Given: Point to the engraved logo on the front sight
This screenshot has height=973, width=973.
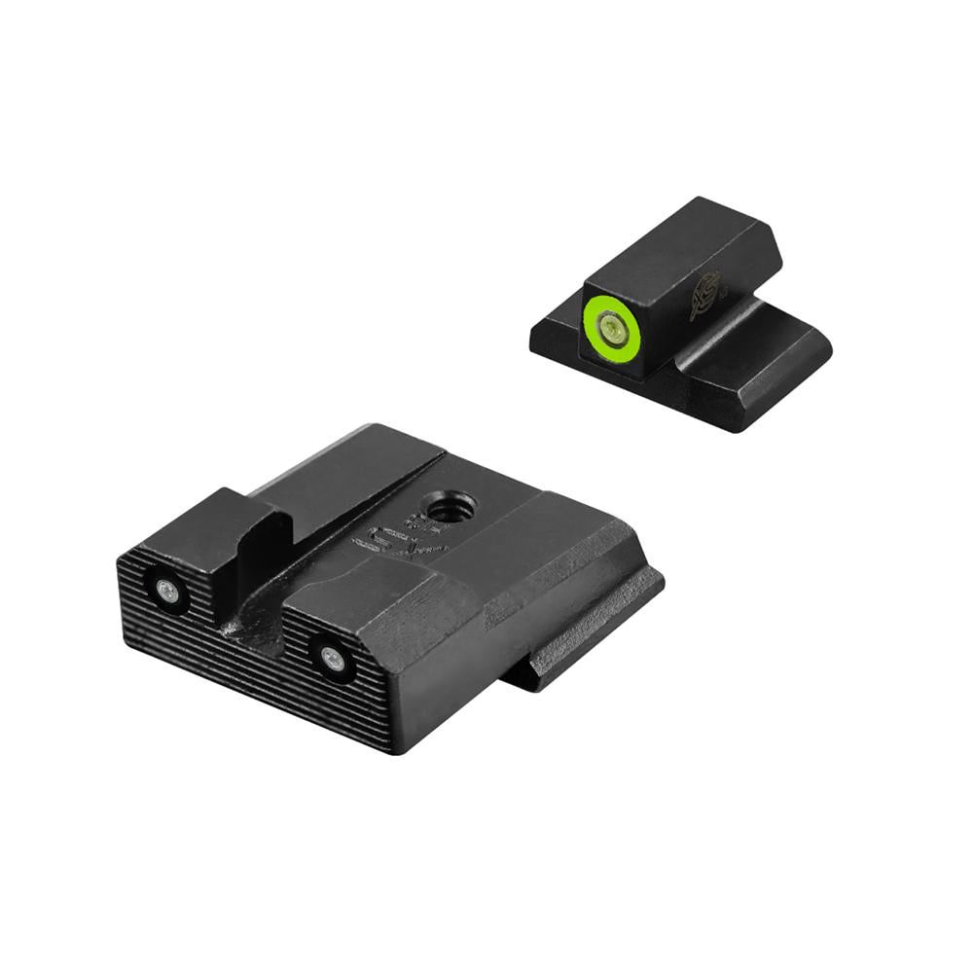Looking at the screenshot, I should (x=705, y=296).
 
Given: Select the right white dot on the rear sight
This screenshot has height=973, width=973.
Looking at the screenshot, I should (x=333, y=660).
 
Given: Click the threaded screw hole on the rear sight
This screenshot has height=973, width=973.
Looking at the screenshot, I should (x=452, y=506).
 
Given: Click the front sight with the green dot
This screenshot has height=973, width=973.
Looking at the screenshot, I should (x=681, y=311).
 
